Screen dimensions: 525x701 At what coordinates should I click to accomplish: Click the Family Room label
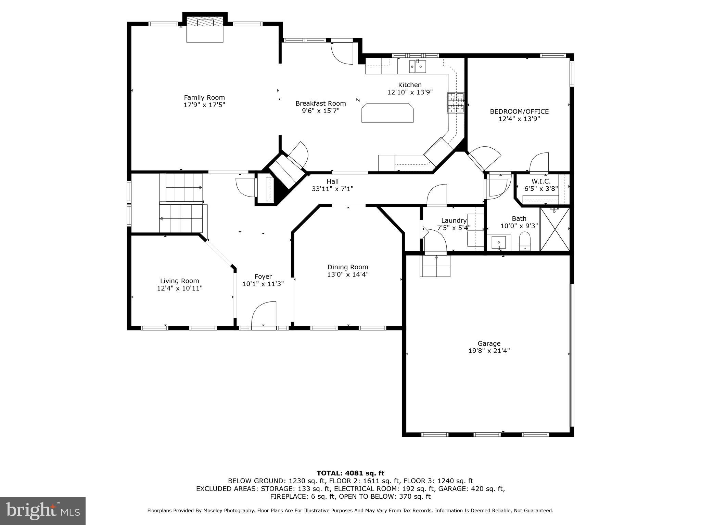click(204, 97)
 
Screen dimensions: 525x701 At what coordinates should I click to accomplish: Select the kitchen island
click(387, 112)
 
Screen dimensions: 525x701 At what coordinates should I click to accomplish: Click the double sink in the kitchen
click(417, 67)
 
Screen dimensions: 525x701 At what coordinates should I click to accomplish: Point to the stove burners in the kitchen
click(455, 103)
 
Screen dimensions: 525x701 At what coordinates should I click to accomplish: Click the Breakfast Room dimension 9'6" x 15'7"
click(320, 111)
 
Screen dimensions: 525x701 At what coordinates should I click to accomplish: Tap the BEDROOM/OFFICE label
click(519, 111)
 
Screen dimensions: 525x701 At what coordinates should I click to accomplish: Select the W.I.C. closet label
click(541, 181)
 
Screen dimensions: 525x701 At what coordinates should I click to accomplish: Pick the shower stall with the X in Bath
click(555, 229)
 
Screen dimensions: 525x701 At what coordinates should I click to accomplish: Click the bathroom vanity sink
click(499, 243)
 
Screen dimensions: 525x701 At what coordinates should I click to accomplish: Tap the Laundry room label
click(454, 220)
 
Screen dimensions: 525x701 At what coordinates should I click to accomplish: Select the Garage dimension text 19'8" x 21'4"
click(489, 351)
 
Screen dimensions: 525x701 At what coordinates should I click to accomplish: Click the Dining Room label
click(347, 267)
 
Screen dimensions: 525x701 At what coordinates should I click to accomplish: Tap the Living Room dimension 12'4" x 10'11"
click(179, 288)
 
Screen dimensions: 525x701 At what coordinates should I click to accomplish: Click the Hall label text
click(332, 181)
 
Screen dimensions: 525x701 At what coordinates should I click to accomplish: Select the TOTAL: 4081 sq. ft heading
click(350, 473)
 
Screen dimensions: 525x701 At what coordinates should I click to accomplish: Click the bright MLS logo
click(43, 511)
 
